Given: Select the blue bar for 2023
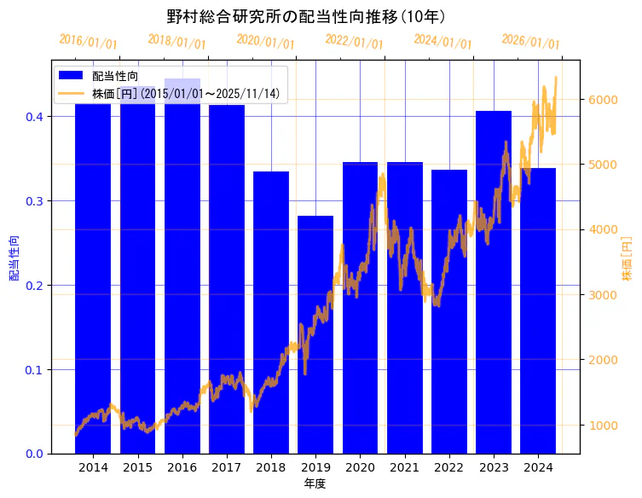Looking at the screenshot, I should [x=494, y=281].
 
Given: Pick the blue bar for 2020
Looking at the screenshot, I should [x=360, y=307].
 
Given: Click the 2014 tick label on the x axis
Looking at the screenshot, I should [x=93, y=467].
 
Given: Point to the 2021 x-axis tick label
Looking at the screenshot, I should [x=404, y=467].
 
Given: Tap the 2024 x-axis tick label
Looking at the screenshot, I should [x=538, y=467].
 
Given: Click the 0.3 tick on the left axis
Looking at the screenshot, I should [x=36, y=201].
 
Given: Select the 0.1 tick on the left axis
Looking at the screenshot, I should [x=36, y=370].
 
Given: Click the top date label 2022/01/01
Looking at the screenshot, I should [x=354, y=43].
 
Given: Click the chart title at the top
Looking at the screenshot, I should [x=306, y=16].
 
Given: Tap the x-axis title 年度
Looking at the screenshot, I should [x=315, y=484].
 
